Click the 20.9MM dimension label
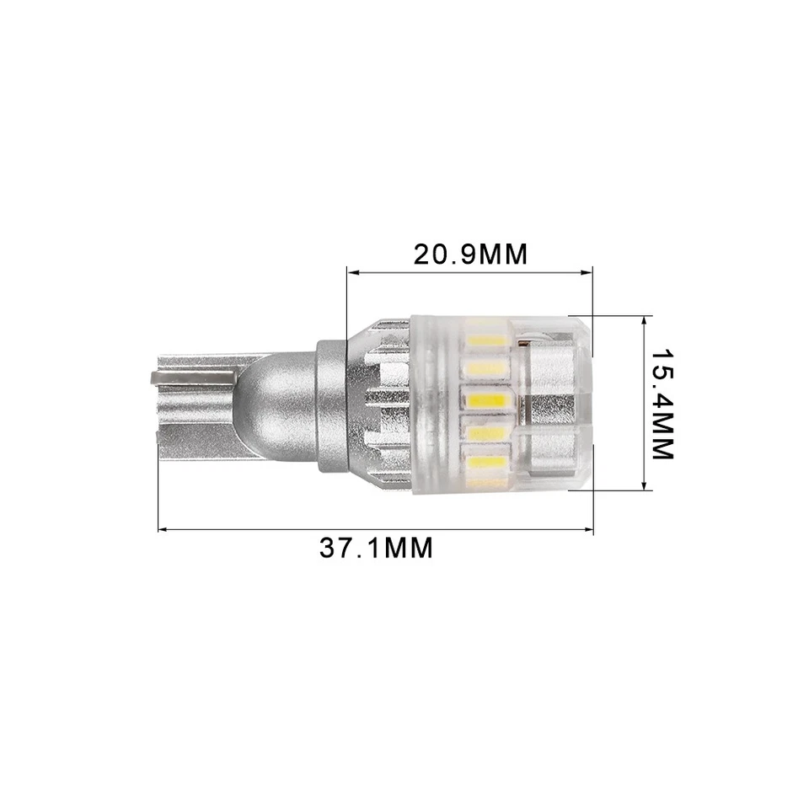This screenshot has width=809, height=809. (x=469, y=254)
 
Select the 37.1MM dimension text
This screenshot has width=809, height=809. (x=376, y=549)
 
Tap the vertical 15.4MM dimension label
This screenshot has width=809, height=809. (x=662, y=404)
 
